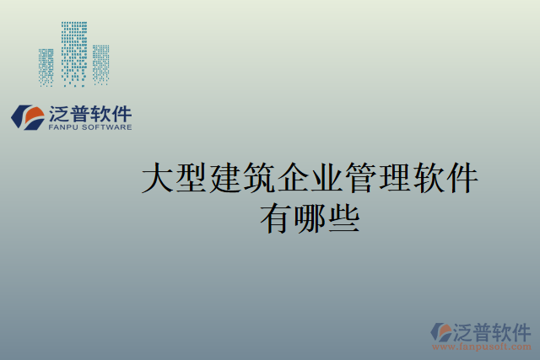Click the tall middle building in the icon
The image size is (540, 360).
74,52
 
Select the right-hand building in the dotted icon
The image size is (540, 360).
101,64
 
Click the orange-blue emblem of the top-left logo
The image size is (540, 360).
28,117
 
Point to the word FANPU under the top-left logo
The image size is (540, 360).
65,128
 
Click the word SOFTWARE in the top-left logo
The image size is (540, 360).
107,128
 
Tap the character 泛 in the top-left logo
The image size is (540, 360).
61,114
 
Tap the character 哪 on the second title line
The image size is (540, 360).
310,219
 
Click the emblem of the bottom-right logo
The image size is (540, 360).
442,332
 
